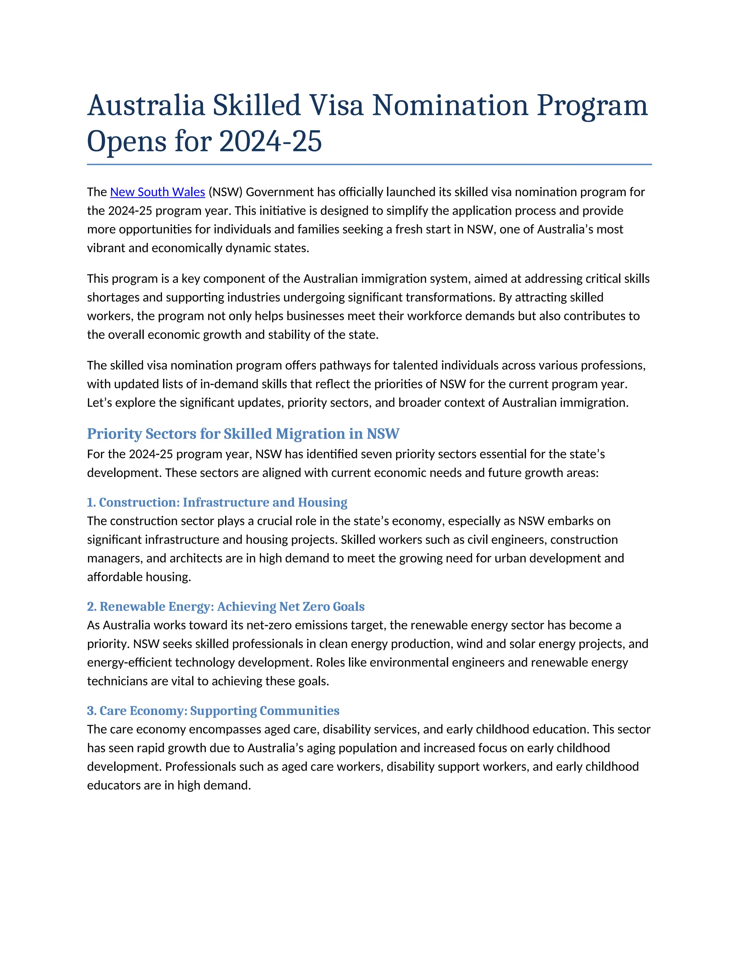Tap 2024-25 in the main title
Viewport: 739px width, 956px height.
270,141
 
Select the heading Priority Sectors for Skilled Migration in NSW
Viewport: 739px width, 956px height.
243,433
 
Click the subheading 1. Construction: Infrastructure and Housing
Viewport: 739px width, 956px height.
217,502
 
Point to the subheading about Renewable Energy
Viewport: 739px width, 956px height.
226,606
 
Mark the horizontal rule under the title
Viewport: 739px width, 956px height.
369,165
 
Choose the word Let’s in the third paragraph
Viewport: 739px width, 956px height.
99,402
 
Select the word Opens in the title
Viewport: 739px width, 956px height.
127,141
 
